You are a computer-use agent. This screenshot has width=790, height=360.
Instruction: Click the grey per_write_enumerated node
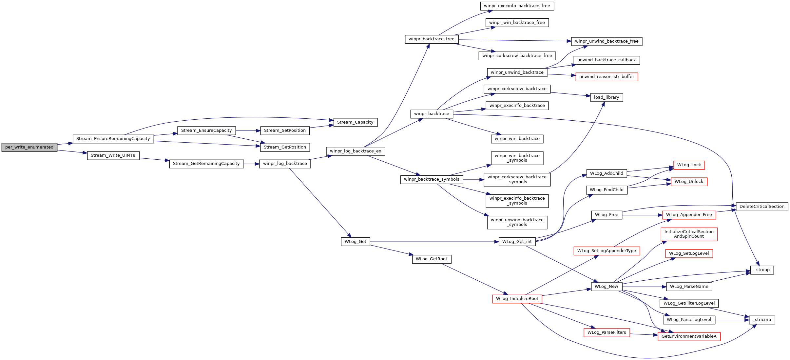[29, 147]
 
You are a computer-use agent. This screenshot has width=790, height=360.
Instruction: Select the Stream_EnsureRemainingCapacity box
[113, 139]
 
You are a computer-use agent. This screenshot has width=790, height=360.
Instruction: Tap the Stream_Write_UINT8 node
[113, 155]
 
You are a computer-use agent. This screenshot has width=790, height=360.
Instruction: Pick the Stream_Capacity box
[355, 122]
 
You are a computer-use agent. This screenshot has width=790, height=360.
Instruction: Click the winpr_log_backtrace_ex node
[356, 151]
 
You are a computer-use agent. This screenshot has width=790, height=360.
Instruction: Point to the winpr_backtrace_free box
[432, 39]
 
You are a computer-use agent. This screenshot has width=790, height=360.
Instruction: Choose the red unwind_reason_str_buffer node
[607, 77]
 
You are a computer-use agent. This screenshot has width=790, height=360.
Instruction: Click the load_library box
[607, 97]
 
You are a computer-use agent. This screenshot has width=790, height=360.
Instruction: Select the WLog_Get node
[356, 242]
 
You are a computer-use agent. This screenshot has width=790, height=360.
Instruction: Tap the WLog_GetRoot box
[432, 259]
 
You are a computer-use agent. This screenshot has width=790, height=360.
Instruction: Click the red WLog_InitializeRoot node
[517, 299]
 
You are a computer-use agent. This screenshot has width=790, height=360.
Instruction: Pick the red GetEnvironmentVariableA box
[689, 336]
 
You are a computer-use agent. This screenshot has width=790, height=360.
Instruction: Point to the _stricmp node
[762, 320]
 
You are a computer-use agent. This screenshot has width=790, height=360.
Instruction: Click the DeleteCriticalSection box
[762, 207]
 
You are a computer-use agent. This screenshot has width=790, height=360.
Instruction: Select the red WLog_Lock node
[689, 165]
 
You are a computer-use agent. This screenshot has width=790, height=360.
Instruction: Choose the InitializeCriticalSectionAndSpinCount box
[689, 234]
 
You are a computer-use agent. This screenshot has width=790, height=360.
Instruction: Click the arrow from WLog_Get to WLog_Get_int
[434, 242]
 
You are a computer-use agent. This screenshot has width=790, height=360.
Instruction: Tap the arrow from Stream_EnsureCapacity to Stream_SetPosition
[248, 130]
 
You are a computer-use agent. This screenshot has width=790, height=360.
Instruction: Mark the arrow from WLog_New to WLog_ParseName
[644, 287]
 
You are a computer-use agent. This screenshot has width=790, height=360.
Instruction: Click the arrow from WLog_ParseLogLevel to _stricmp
[732, 320]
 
